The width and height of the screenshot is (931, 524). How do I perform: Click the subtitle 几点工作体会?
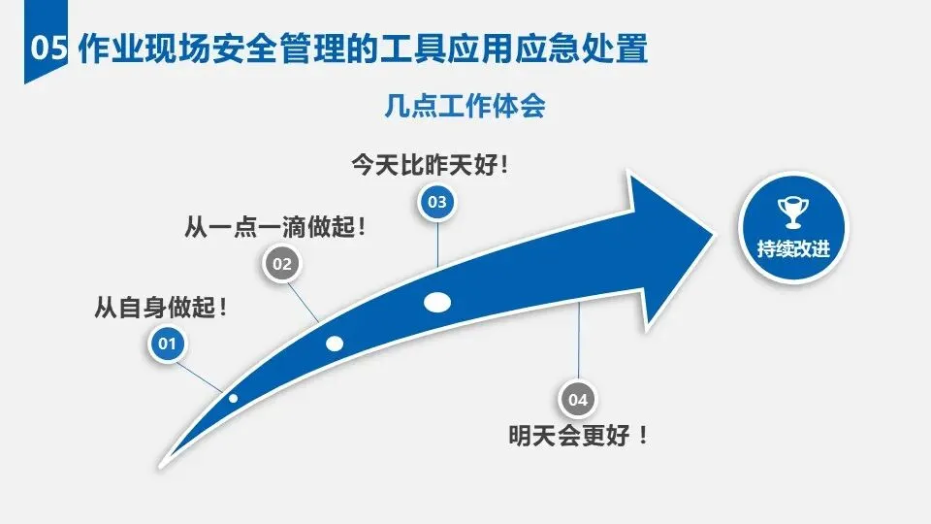click(465, 106)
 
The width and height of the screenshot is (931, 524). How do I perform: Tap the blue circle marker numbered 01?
click(167, 343)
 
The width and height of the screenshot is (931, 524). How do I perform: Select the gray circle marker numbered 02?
click(282, 263)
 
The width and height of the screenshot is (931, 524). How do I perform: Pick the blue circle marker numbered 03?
click(436, 202)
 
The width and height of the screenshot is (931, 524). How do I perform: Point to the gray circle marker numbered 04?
click(578, 399)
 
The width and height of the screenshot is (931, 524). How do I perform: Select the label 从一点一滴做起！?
click(277, 229)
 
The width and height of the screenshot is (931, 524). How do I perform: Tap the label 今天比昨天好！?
click(431, 165)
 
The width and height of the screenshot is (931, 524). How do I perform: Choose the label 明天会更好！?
click(579, 436)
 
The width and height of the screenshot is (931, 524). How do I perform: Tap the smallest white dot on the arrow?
click(233, 398)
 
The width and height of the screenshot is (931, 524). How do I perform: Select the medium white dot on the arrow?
click(335, 343)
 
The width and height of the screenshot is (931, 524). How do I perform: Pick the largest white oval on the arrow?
click(437, 302)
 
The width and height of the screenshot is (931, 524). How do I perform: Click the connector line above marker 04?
click(579, 340)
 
